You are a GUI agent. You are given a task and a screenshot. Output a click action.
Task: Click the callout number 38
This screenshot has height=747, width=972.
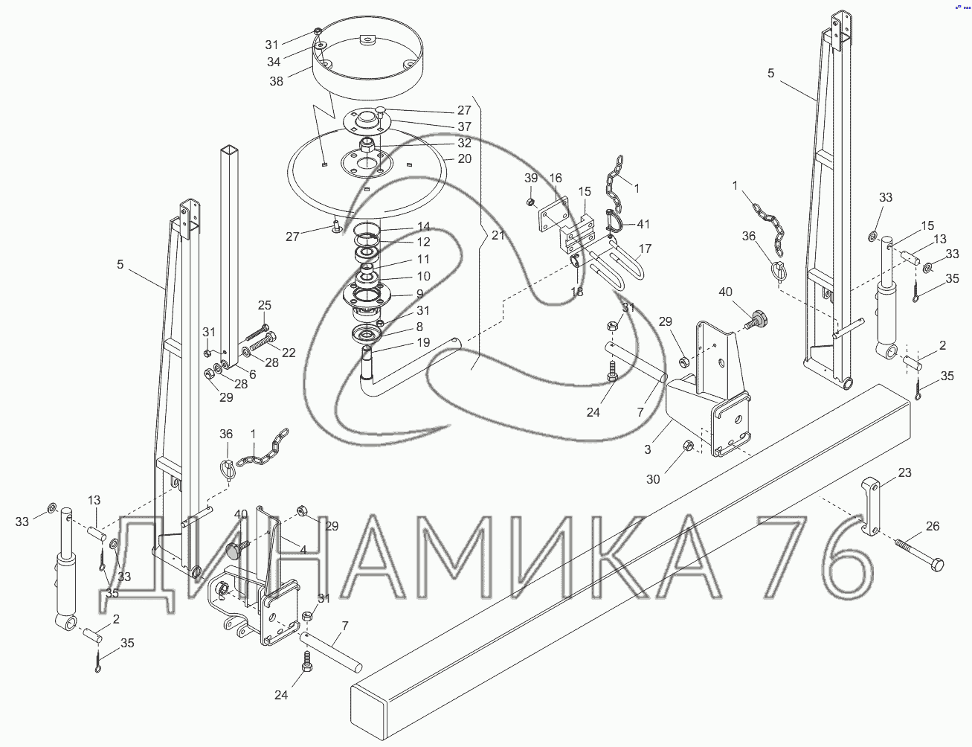[277, 81]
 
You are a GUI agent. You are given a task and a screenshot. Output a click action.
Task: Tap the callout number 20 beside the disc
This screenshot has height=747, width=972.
[465, 158]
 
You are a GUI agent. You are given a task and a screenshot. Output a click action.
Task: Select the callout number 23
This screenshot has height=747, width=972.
[904, 472]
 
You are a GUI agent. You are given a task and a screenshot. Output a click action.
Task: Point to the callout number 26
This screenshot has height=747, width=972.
[933, 527]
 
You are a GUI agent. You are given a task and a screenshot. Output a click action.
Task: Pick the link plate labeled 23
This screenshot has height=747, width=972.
[870, 507]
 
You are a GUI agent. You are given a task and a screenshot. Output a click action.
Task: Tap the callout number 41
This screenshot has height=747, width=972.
[643, 224]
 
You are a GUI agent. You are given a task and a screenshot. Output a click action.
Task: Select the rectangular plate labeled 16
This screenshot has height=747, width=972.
[553, 215]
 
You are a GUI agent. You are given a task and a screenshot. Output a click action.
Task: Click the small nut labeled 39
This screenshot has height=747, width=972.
[530, 202]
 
